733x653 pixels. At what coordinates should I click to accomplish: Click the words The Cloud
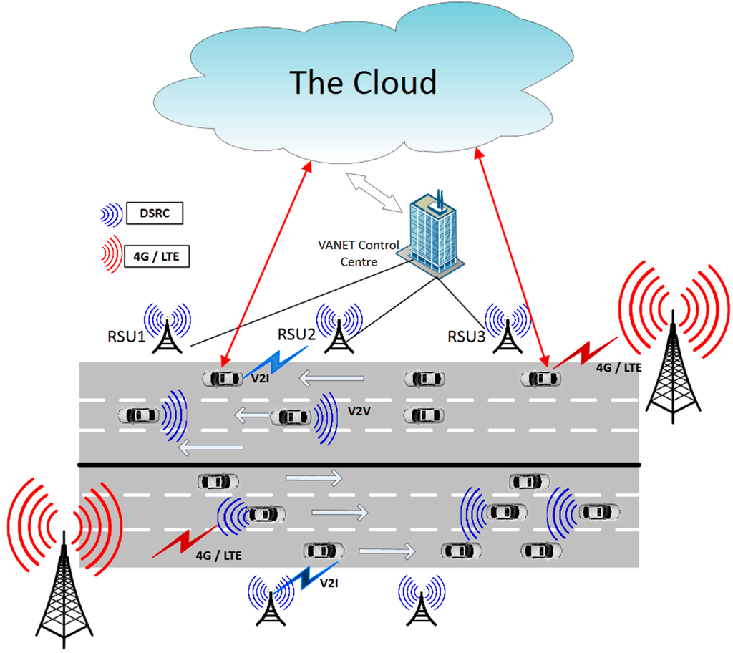pos(362,82)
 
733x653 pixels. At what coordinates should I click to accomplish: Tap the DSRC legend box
pos(155,213)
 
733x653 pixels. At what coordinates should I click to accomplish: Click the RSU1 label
pos(123,335)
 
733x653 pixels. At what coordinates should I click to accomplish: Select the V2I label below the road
pos(329,584)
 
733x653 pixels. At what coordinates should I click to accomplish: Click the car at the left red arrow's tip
pos(221,377)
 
